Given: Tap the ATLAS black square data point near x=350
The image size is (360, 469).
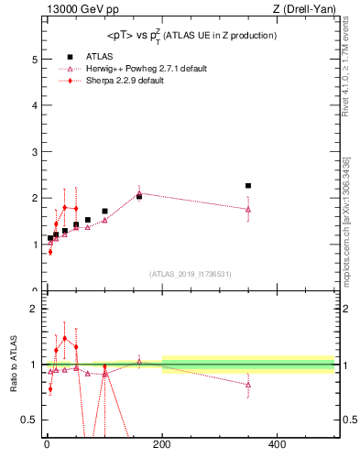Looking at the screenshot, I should tap(248, 186).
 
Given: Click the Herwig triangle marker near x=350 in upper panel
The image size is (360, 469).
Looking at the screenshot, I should tap(248, 209).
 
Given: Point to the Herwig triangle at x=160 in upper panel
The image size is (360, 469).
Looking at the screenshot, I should tap(139, 193).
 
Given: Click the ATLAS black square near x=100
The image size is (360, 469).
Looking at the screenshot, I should tap(104, 212).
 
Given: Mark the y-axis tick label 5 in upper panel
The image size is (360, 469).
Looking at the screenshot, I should tap(34, 60).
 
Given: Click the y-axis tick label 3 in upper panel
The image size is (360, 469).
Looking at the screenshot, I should tap(34, 152).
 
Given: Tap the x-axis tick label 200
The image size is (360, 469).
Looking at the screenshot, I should tap(162, 445).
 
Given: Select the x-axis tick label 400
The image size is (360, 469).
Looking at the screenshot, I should tap(277, 445).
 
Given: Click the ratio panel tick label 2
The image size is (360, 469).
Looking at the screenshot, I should tap(34, 309).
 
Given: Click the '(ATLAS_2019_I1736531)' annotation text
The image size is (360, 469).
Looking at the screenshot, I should tap(191, 274).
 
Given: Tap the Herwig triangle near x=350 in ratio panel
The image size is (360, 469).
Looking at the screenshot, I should tap(248, 385).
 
